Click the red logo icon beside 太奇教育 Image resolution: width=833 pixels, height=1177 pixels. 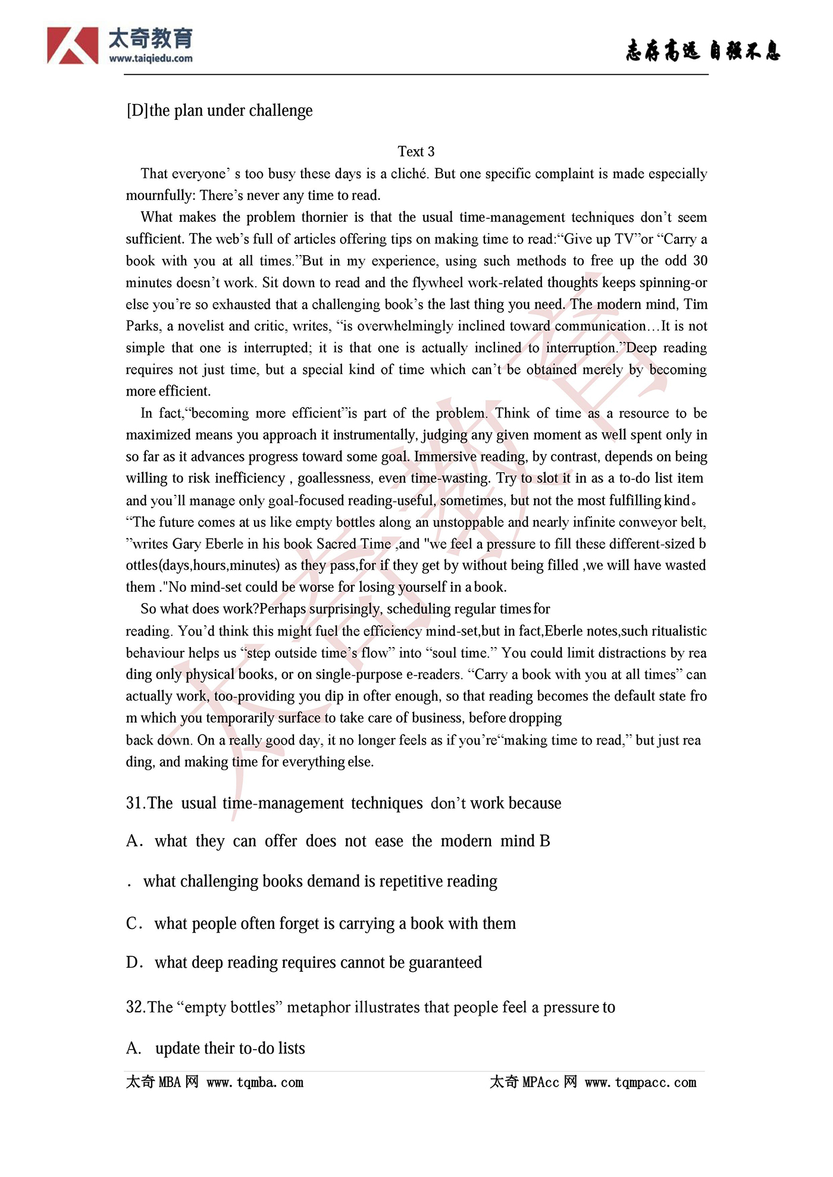click(x=73, y=46)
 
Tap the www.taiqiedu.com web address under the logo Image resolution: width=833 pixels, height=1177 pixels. click(x=151, y=58)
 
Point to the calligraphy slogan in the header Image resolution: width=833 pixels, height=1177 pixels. click(x=703, y=51)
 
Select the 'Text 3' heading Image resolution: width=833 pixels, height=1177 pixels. click(x=416, y=152)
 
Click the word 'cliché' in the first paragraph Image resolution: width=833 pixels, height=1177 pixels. click(x=409, y=174)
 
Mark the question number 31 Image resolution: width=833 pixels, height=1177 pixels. click(x=136, y=804)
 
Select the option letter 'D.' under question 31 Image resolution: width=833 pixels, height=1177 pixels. click(x=134, y=962)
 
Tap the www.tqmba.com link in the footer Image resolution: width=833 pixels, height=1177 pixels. click(x=255, y=1082)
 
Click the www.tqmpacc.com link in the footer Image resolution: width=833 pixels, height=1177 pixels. click(x=640, y=1082)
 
